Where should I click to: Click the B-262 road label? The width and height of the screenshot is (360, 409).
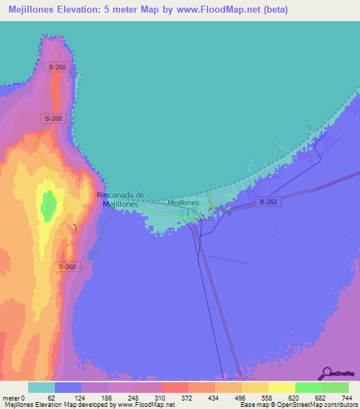point(268,202)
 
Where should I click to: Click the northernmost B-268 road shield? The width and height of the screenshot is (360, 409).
point(58,67)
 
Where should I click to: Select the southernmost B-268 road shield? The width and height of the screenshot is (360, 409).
point(67,266)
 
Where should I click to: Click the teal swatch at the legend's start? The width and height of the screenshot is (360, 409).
point(41,387)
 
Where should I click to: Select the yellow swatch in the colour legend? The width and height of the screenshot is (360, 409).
point(281,387)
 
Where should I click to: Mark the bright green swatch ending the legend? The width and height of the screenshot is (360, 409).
point(335,387)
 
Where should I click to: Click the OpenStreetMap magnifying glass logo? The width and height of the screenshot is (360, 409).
point(326,373)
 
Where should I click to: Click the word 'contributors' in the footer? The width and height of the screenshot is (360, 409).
point(340,405)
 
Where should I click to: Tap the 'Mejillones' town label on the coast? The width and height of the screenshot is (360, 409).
point(184,202)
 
